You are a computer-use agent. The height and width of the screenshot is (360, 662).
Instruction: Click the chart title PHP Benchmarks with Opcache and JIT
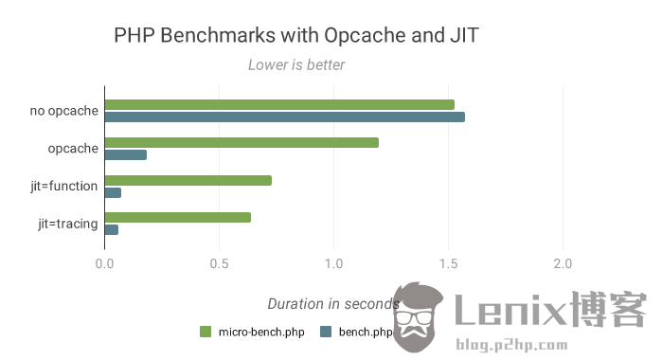point(296,36)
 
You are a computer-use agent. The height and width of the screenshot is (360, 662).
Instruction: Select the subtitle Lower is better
point(296,65)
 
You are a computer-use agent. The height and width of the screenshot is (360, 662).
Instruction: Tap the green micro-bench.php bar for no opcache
point(279,104)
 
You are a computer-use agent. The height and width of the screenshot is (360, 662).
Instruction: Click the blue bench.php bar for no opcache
point(284,117)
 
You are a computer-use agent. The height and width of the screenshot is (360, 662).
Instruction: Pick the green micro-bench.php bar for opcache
point(242,142)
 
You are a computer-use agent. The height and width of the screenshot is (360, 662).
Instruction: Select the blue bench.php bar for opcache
point(126,154)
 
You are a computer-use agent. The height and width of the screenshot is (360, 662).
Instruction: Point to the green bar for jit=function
point(188,180)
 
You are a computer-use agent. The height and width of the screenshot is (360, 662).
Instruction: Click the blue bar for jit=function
point(113,192)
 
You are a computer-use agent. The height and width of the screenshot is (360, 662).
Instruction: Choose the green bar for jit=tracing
point(178,217)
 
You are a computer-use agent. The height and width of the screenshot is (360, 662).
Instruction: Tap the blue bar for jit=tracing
point(112,229)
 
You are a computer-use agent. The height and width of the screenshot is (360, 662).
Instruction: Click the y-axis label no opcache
point(63,111)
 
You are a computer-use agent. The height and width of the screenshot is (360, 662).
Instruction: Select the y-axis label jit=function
point(63,186)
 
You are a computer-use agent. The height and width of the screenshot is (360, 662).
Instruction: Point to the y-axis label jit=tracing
point(67,224)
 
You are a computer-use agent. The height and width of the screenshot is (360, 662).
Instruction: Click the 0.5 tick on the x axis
point(219,263)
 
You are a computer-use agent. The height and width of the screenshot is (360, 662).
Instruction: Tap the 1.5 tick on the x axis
point(449,263)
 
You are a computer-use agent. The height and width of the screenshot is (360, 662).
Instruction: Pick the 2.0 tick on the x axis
point(564,263)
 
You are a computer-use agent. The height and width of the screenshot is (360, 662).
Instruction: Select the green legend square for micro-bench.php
point(205,332)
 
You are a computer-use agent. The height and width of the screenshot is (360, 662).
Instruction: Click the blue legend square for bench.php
point(325,332)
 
